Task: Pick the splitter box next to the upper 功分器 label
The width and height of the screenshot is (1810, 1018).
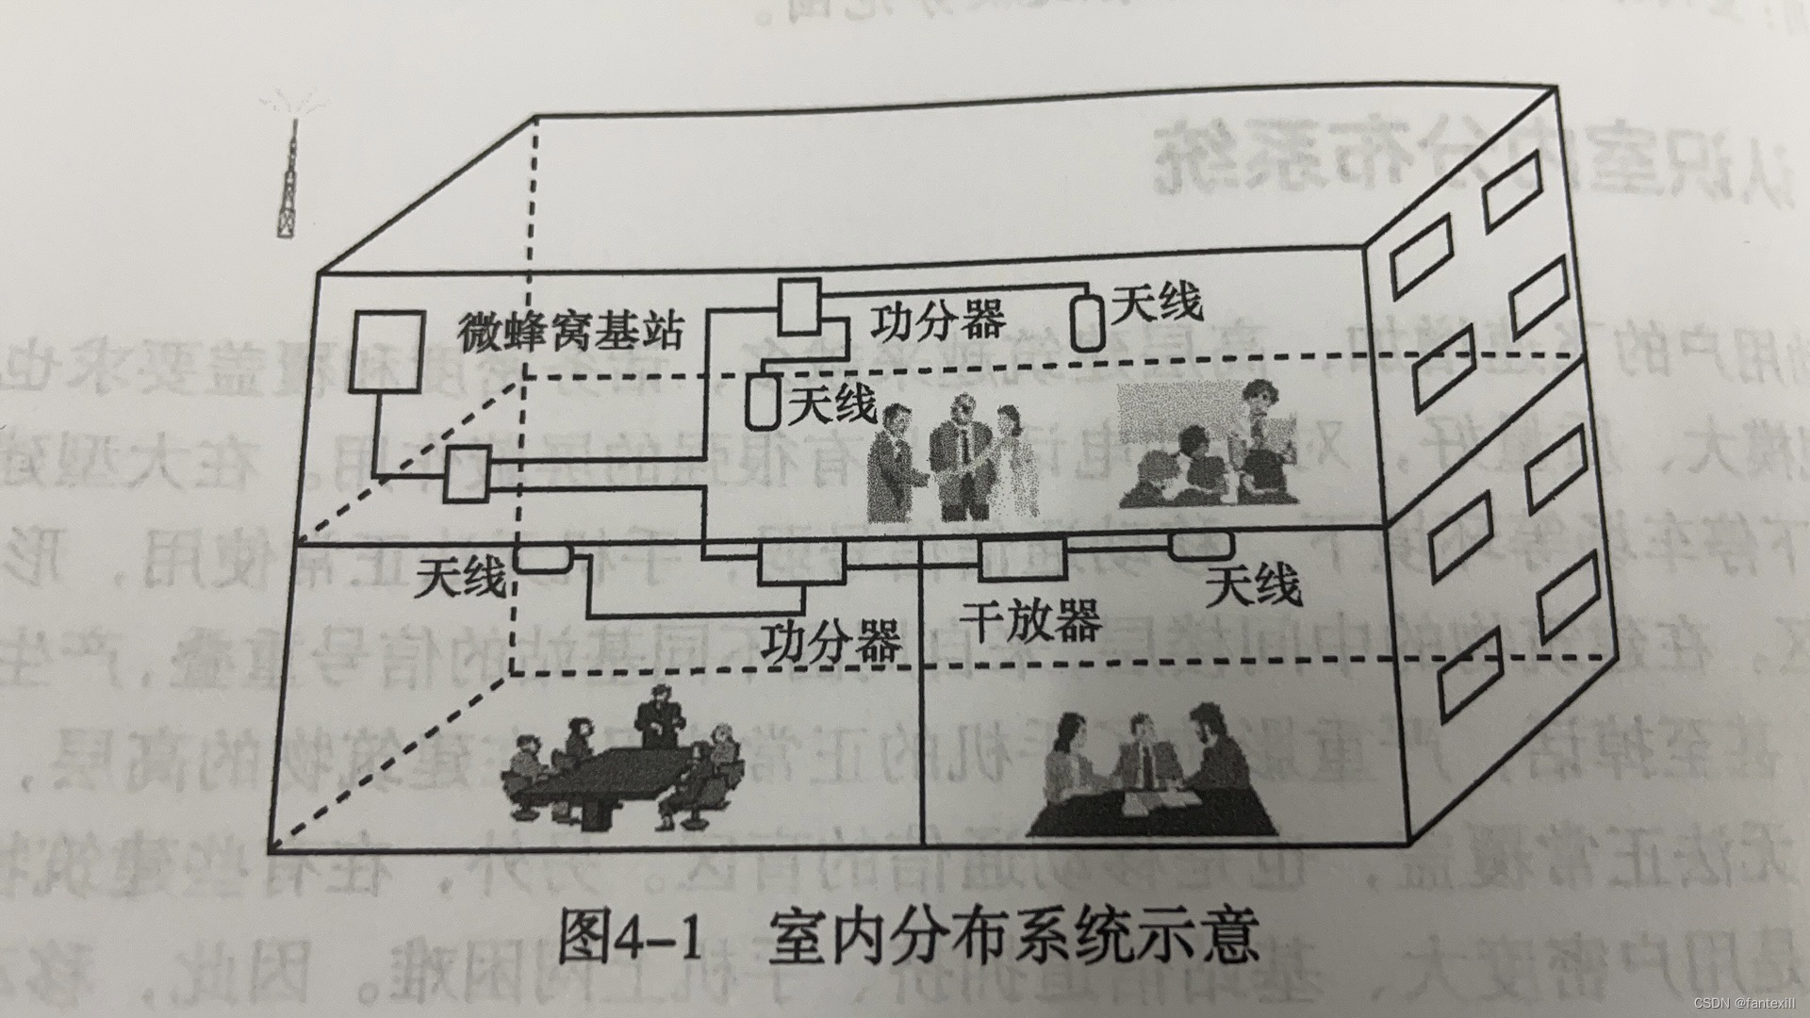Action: click(x=800, y=305)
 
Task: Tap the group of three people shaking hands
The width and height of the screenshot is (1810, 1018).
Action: click(x=952, y=461)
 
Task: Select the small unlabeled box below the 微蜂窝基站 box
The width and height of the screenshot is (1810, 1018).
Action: click(x=468, y=474)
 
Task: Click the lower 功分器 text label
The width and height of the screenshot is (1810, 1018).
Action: click(x=831, y=641)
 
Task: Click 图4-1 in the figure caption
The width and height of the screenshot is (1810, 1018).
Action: click(x=632, y=936)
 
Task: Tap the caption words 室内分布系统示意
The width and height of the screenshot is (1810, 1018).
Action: click(x=1013, y=936)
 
